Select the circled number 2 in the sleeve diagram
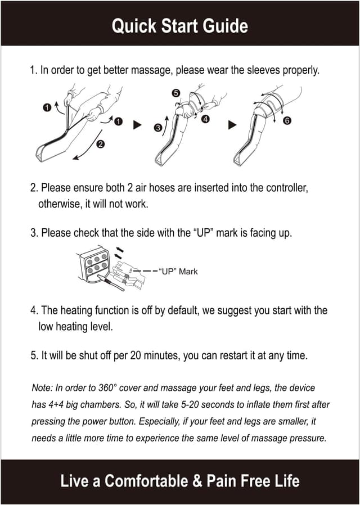click(100, 144)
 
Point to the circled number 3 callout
click(158, 128)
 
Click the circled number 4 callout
click(206, 119)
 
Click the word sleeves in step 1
click(274, 71)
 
